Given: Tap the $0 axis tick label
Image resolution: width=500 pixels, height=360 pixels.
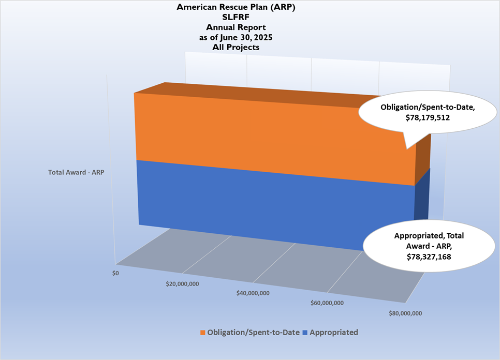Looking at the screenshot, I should (x=115, y=273).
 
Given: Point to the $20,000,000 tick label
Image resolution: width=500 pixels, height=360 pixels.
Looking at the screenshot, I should (x=183, y=283).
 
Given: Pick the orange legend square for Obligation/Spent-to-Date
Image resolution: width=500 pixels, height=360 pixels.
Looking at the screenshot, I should (x=203, y=333).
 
